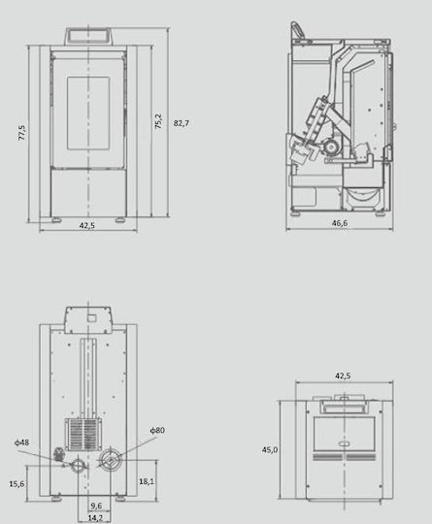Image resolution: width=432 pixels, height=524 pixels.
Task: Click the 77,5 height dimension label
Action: coord(22,132)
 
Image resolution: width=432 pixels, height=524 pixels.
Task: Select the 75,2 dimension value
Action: coord(158,121)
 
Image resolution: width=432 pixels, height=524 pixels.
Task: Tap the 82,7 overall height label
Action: coord(182,123)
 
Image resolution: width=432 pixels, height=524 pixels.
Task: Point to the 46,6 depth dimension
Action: coord(340,223)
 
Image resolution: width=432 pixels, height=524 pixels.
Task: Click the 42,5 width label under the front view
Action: coord(87,225)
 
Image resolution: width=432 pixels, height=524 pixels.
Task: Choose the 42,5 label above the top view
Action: coord(343,376)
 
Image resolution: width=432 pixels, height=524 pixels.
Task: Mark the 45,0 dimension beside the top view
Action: coord(270,450)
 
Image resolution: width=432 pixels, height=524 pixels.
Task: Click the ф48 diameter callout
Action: coord(21,442)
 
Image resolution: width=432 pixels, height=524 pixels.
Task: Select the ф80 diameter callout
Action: coord(157,430)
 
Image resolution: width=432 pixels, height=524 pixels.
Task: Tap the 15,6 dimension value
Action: coord(17,483)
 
